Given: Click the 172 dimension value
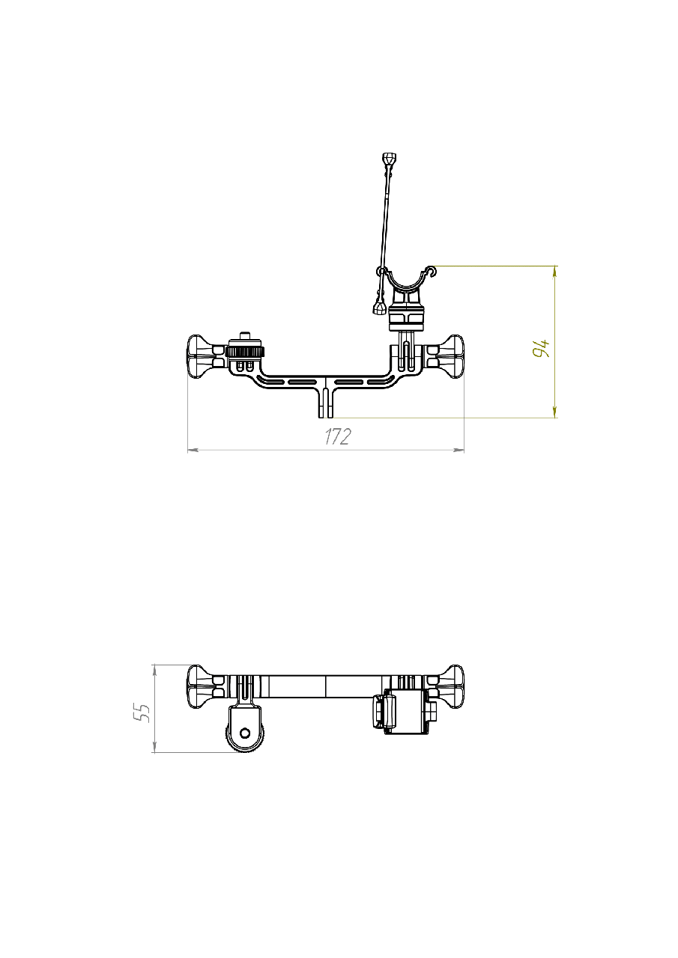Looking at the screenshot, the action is (338, 436).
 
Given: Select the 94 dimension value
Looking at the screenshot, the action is (541, 348).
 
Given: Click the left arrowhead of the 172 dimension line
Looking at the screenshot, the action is (193, 450).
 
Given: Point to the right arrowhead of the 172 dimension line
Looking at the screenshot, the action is (458, 450).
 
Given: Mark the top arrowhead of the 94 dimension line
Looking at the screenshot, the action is (555, 272).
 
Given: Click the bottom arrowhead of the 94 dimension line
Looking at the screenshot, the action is (555, 412).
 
